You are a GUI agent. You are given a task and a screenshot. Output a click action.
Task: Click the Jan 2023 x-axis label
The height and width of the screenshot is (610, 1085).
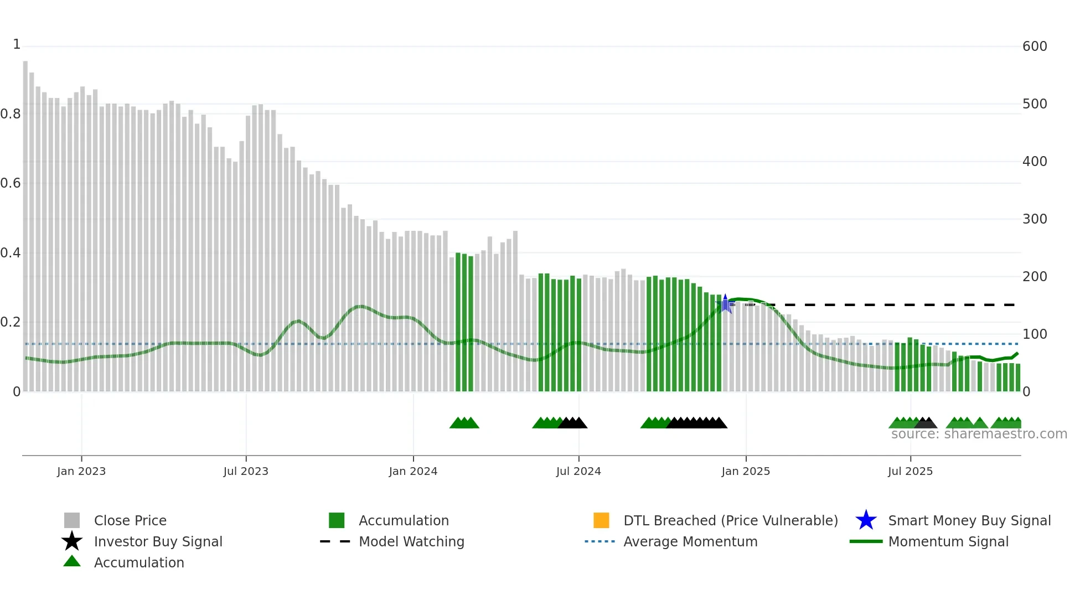click(81, 471)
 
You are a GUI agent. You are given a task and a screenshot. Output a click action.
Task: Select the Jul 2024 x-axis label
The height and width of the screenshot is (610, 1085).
click(578, 471)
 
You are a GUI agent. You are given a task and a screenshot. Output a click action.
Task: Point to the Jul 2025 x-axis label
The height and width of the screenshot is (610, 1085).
click(910, 471)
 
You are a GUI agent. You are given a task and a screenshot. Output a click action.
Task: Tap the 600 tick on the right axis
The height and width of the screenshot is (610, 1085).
click(1035, 46)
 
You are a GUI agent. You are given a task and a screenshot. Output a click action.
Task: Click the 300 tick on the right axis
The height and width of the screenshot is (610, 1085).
click(1035, 219)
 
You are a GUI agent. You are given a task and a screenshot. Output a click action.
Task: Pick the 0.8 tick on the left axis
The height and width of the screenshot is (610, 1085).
click(11, 114)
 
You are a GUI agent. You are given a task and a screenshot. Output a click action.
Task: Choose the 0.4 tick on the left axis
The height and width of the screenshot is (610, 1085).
click(11, 253)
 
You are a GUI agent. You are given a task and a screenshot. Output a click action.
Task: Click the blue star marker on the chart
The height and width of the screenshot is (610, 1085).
click(725, 304)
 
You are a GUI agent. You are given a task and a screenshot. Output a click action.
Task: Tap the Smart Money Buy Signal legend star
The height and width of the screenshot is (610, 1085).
click(866, 520)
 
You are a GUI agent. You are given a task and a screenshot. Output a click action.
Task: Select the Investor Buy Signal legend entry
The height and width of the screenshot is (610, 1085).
click(158, 541)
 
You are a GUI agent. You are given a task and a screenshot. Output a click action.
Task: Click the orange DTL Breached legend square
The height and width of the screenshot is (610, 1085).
click(601, 520)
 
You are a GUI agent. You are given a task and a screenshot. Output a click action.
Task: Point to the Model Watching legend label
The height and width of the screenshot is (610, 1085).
click(411, 541)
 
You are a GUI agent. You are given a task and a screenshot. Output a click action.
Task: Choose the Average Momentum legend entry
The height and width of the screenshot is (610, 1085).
click(690, 541)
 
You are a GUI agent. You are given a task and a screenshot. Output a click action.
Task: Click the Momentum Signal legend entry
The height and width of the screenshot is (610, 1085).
click(948, 541)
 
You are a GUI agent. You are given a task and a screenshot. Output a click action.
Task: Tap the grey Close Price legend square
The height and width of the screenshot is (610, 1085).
click(72, 520)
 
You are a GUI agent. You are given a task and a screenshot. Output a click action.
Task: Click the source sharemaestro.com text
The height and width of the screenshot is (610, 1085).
click(979, 434)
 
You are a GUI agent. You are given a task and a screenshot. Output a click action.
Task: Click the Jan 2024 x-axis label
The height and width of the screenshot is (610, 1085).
click(413, 471)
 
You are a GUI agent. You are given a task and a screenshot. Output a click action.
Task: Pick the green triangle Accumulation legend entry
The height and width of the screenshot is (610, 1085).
click(138, 562)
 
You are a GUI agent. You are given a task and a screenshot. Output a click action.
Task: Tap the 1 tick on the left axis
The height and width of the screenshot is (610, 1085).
click(17, 44)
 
